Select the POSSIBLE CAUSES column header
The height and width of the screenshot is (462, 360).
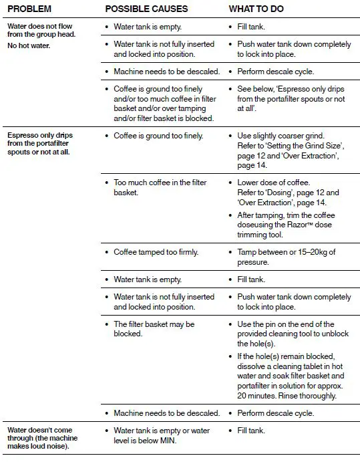click(146, 9)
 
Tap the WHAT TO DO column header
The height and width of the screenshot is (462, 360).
click(257, 9)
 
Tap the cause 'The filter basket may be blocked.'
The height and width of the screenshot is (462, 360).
click(154, 328)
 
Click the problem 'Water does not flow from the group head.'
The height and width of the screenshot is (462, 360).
click(41, 31)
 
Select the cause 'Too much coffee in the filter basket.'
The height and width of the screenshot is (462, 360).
click(160, 187)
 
